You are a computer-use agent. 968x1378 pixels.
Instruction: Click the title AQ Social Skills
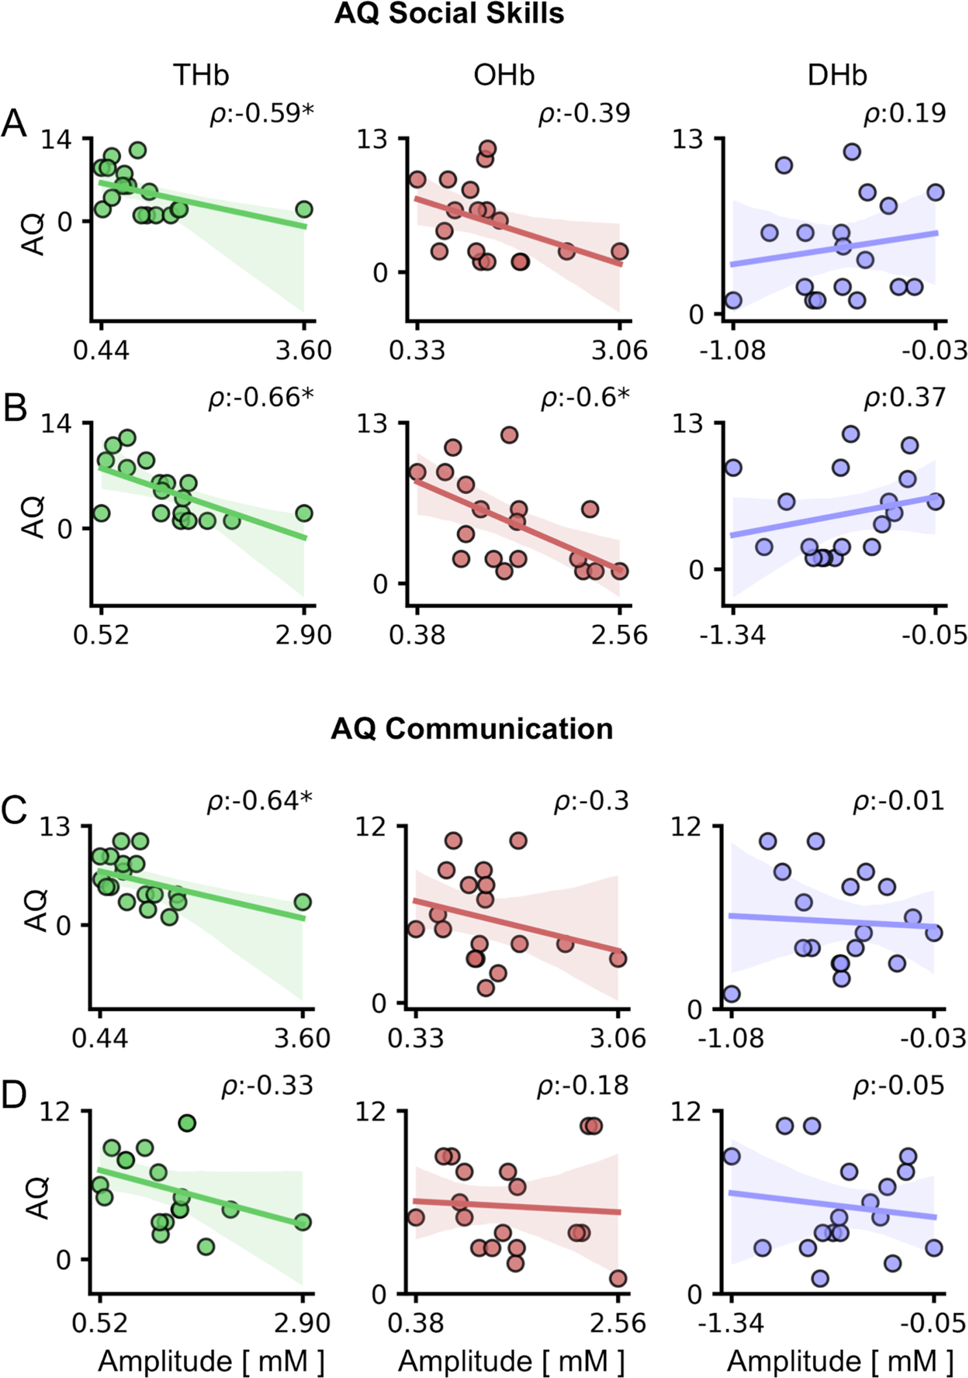[449, 14]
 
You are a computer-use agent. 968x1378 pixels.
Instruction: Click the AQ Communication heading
[471, 729]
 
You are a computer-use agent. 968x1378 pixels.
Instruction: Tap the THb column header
[201, 76]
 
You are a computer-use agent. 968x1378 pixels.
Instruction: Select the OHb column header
[504, 76]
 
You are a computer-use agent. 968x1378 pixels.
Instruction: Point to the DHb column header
[837, 76]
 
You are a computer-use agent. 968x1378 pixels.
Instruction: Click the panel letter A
[14, 123]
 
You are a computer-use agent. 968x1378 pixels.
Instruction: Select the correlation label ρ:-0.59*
[262, 113]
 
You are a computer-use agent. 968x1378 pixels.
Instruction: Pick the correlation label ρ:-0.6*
[585, 398]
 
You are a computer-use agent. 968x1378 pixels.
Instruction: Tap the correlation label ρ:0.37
[905, 398]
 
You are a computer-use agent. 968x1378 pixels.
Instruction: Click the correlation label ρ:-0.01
[899, 801]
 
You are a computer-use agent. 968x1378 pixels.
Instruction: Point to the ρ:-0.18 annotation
[583, 1085]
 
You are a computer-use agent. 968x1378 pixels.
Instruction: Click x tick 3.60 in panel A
[303, 350]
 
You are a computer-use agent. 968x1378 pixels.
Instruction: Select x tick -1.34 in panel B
[732, 635]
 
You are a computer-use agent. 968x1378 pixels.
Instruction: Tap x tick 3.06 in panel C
[618, 1038]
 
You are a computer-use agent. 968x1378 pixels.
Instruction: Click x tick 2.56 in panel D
[618, 1322]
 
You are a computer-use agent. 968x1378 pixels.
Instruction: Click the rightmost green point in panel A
[304, 209]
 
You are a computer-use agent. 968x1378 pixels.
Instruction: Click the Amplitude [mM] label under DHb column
[839, 1360]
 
